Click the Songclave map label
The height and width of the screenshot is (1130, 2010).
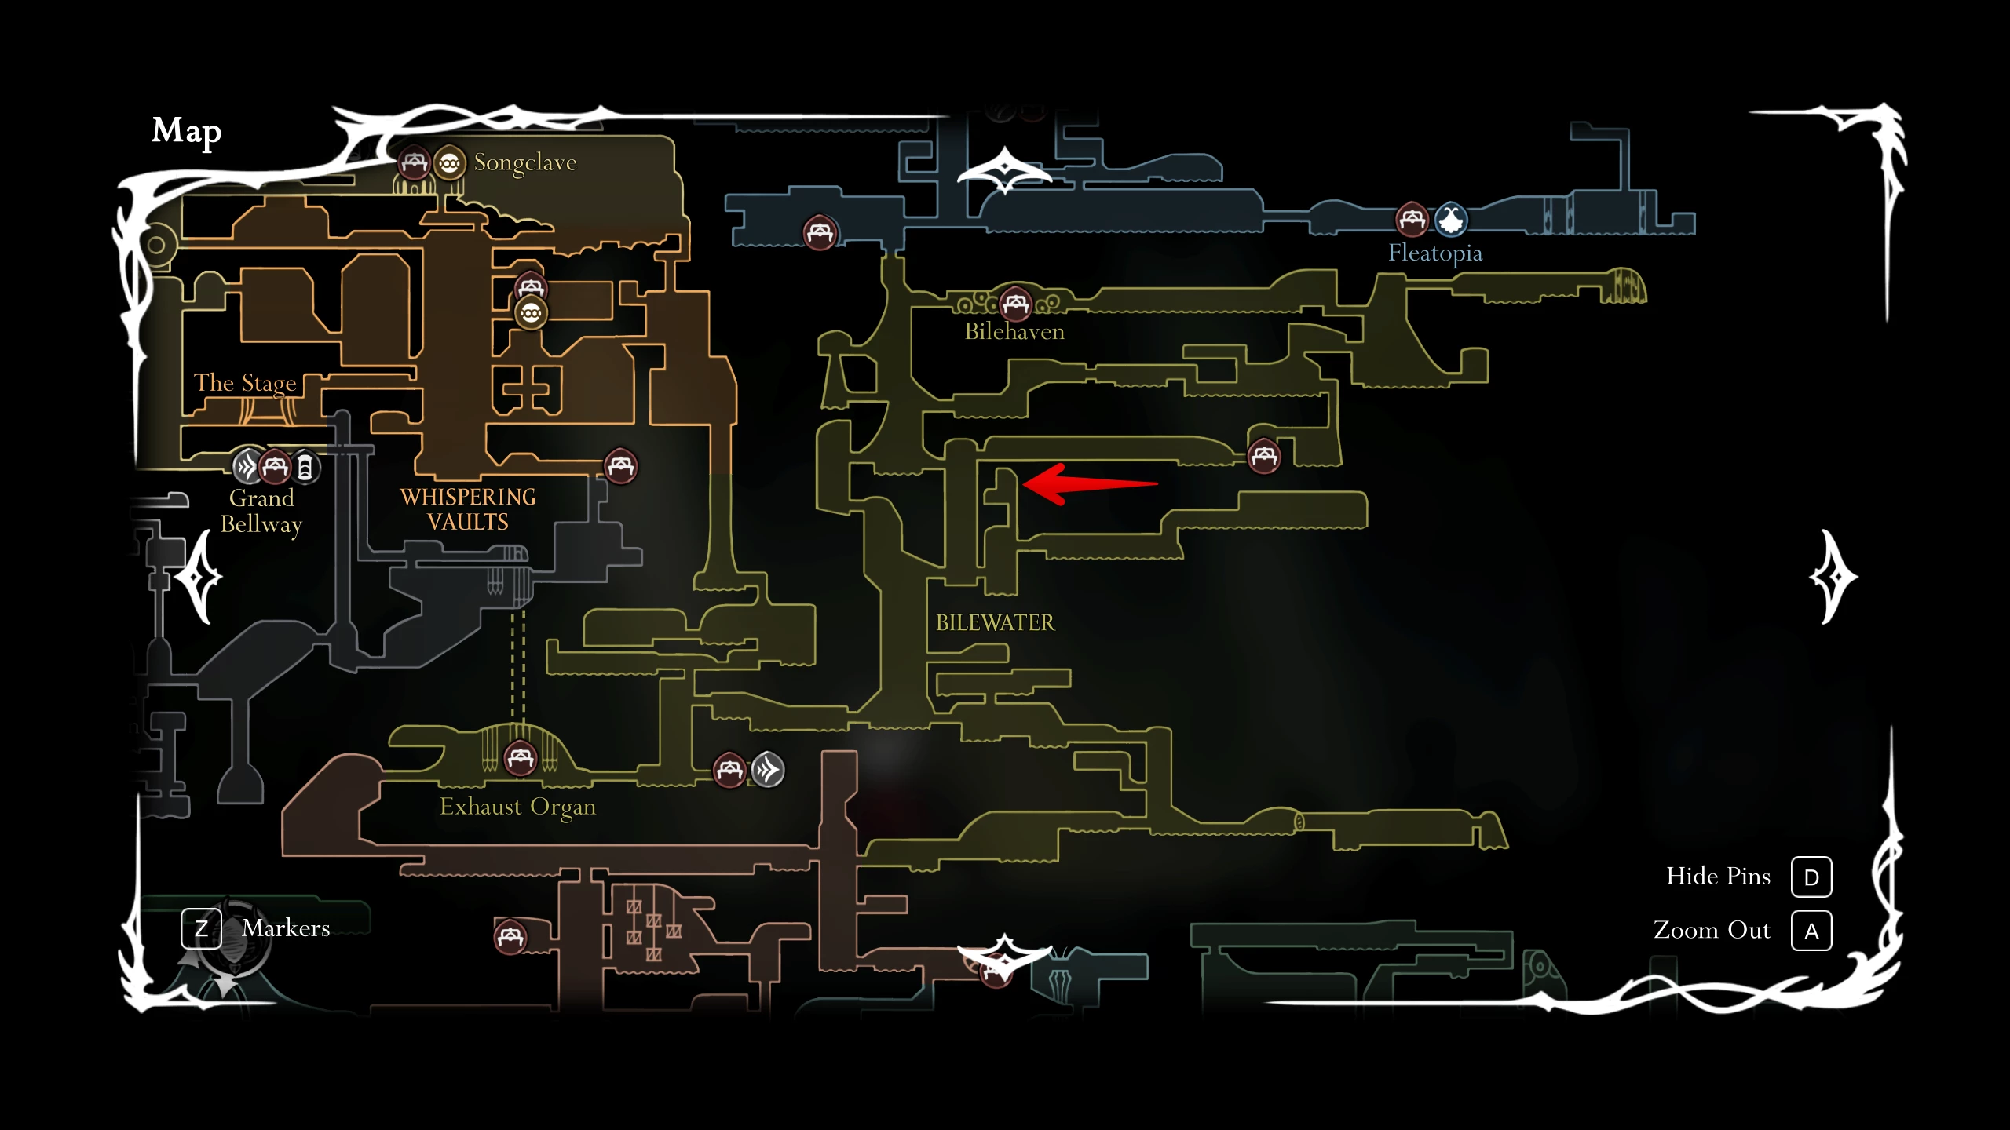(525, 162)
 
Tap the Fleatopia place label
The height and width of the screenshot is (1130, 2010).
(1435, 253)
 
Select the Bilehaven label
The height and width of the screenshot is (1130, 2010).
(1014, 331)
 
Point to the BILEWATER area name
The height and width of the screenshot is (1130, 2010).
(995, 623)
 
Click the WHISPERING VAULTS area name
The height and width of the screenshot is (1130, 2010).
(468, 509)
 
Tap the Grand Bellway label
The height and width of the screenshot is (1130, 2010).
(261, 511)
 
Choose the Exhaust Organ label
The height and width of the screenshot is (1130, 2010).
(517, 807)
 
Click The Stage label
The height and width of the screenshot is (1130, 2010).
(245, 383)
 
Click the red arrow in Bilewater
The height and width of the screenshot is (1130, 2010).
(1090, 484)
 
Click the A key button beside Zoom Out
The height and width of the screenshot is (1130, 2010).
(1811, 931)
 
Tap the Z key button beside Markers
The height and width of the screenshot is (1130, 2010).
(201, 928)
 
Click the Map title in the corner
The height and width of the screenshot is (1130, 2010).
(186, 131)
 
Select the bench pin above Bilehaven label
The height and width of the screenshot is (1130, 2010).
(1015, 303)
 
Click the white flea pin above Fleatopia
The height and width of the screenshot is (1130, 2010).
(1451, 220)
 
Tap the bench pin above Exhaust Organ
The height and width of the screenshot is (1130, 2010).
(521, 758)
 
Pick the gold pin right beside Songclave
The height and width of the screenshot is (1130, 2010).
(450, 163)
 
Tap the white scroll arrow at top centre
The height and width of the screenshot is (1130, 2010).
(1005, 170)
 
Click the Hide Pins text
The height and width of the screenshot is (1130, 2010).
(1718, 877)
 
